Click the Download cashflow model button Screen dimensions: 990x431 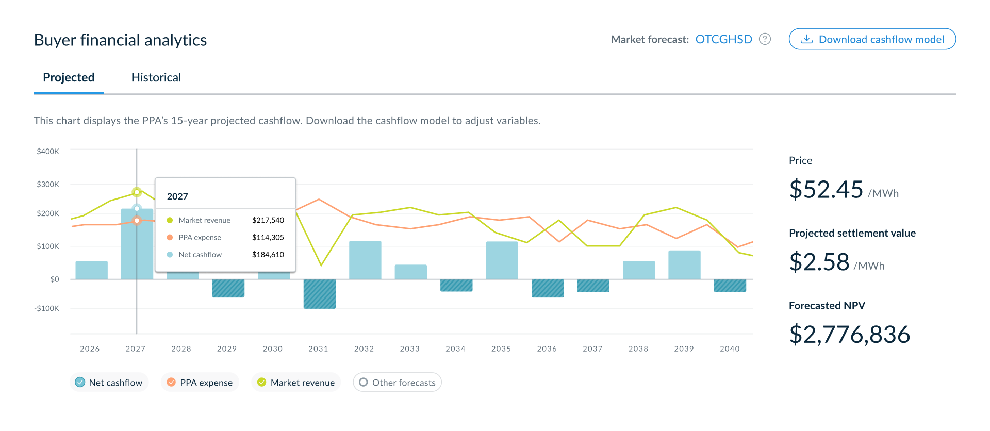tap(872, 39)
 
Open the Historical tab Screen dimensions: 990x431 tap(156, 77)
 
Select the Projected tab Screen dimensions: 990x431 tap(69, 77)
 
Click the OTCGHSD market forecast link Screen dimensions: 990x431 tap(723, 39)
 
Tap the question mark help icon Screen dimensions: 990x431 tap(765, 39)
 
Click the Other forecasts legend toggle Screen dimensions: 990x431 tap(397, 382)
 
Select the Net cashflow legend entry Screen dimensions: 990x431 tap(109, 382)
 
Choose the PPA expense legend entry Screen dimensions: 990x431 tap(200, 382)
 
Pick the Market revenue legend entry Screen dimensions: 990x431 tap(296, 382)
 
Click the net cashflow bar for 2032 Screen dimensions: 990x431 tap(365, 260)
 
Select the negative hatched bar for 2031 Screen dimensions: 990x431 tap(320, 294)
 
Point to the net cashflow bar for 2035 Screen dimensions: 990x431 tap(502, 260)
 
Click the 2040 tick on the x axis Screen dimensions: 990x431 tap(730, 349)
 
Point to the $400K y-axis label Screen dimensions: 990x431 tap(48, 152)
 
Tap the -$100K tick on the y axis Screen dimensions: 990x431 tap(46, 308)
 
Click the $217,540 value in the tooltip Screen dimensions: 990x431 tap(268, 220)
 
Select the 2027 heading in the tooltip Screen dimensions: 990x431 tap(177, 196)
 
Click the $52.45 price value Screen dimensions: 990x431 tap(826, 189)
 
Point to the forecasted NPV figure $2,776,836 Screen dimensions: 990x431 tap(850, 335)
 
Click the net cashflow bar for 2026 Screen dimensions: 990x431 tap(92, 270)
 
